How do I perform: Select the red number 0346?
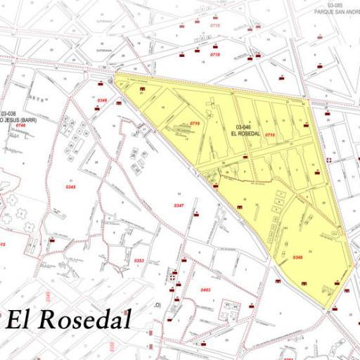click(102, 101)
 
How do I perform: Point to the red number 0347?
click(179, 205)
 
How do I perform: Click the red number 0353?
click(139, 260)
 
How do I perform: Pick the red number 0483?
click(205, 290)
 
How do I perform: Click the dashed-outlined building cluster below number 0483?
click(230, 307)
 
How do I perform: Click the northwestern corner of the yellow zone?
click(115, 73)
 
